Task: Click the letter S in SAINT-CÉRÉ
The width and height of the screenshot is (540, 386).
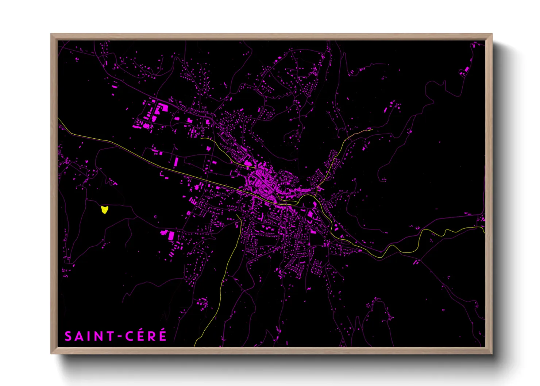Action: click(x=68, y=336)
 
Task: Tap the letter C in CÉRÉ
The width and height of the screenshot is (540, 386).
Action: click(x=130, y=336)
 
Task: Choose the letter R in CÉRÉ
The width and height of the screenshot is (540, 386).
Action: click(x=151, y=336)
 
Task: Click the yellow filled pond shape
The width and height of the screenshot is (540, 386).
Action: click(x=105, y=209)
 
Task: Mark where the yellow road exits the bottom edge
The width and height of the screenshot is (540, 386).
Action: click(x=195, y=346)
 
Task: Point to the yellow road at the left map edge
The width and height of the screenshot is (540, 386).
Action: click(x=59, y=119)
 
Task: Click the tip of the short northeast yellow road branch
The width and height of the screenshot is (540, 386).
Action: click(x=372, y=130)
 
